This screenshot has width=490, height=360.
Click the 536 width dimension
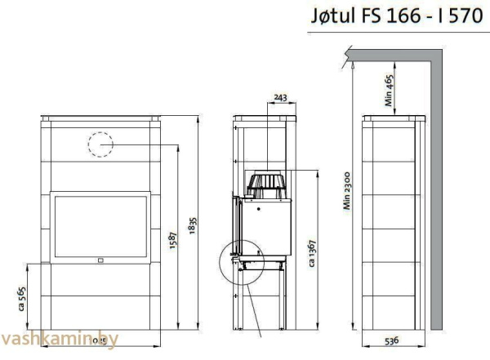point(394,340)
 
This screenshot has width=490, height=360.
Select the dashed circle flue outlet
point(100,144)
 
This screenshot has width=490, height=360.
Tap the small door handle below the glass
point(100,261)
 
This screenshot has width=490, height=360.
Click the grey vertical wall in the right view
point(435,196)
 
